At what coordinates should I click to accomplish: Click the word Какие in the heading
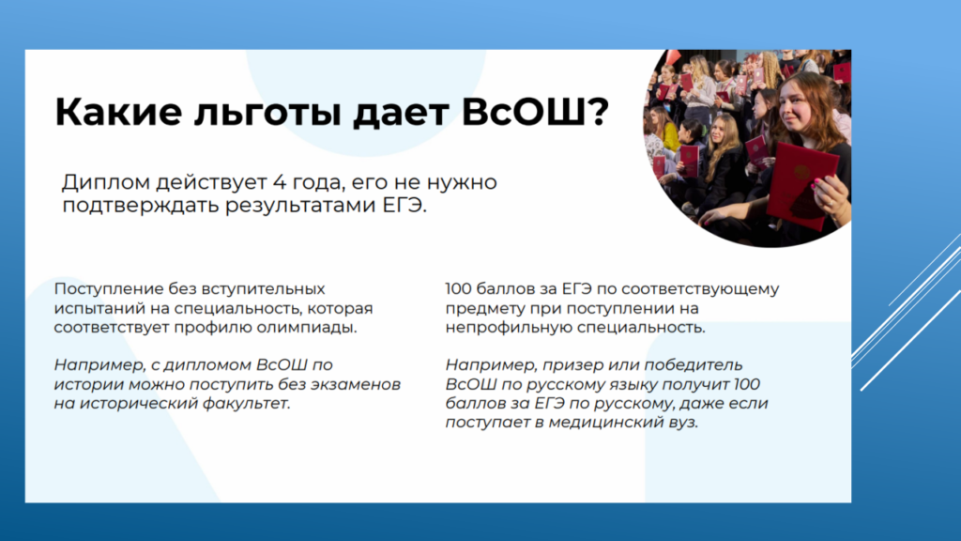pyautogui.click(x=118, y=112)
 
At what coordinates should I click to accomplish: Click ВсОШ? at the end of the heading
pyautogui.click(x=535, y=112)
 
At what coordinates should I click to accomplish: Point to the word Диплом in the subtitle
pyautogui.click(x=106, y=182)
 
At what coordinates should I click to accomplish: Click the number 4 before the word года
pyautogui.click(x=280, y=182)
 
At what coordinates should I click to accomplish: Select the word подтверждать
pyautogui.click(x=142, y=206)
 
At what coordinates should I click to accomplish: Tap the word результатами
pyautogui.click(x=301, y=206)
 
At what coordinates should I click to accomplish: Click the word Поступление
pyautogui.click(x=109, y=289)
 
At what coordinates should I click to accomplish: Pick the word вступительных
pyautogui.click(x=263, y=289)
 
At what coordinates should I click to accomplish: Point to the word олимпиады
pyautogui.click(x=307, y=328)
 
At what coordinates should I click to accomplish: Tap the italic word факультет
pyautogui.click(x=250, y=404)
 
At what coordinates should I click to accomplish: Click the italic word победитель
pyautogui.click(x=694, y=365)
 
